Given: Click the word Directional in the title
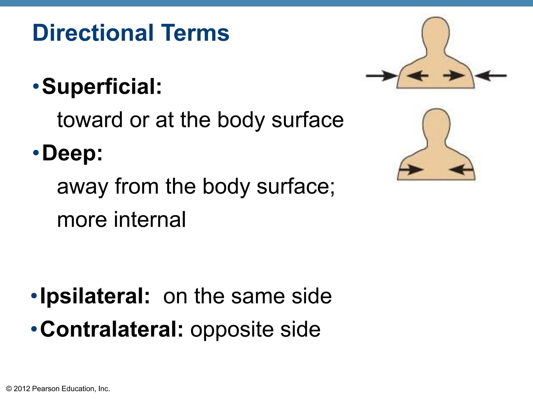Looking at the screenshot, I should click(93, 33).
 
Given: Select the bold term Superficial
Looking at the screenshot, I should click(101, 87).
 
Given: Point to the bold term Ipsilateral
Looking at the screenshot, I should click(95, 296).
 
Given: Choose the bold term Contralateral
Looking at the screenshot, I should click(112, 329).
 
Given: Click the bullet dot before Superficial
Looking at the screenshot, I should click(36, 86).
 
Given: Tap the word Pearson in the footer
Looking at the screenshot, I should click(46, 389).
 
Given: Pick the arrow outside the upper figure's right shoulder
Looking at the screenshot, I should click(491, 76).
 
